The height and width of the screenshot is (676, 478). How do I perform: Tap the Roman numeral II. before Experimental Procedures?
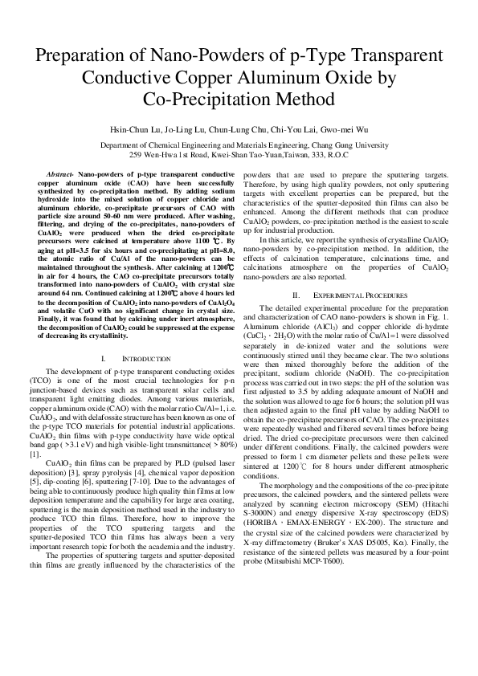294,295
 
